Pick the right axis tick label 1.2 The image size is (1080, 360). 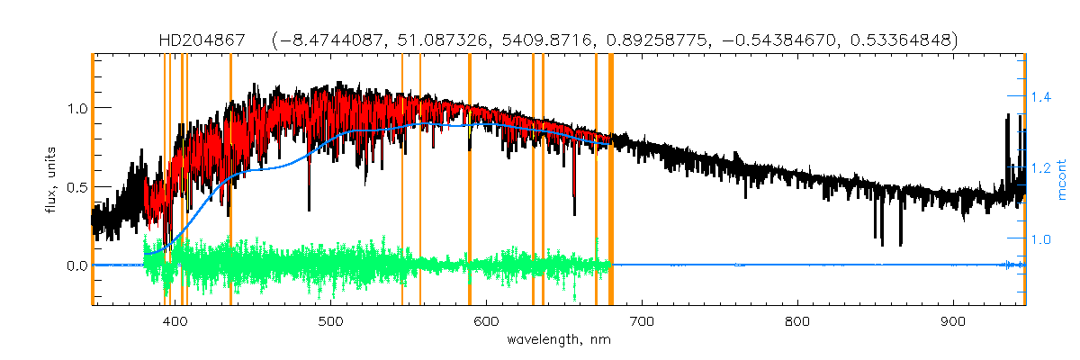click(1042, 167)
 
